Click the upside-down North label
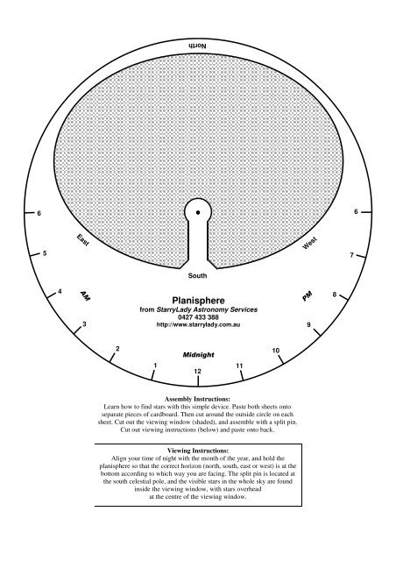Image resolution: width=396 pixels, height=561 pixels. pyautogui.click(x=198, y=44)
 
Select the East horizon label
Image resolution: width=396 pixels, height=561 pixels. pyautogui.click(x=83, y=239)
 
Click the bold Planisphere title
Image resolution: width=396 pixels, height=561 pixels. pyautogui.click(x=198, y=299)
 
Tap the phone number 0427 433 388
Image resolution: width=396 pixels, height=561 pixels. pyautogui.click(x=198, y=317)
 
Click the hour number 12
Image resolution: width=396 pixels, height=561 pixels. pyautogui.click(x=198, y=372)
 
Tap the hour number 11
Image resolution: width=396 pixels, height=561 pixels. pyautogui.click(x=239, y=365)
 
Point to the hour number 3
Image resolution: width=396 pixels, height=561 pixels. pyautogui.click(x=83, y=325)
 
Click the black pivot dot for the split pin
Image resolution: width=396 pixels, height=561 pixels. pyautogui.click(x=199, y=212)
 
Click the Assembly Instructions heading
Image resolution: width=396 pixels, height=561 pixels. pyautogui.click(x=198, y=399)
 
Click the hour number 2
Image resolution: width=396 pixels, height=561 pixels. pyautogui.click(x=117, y=350)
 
